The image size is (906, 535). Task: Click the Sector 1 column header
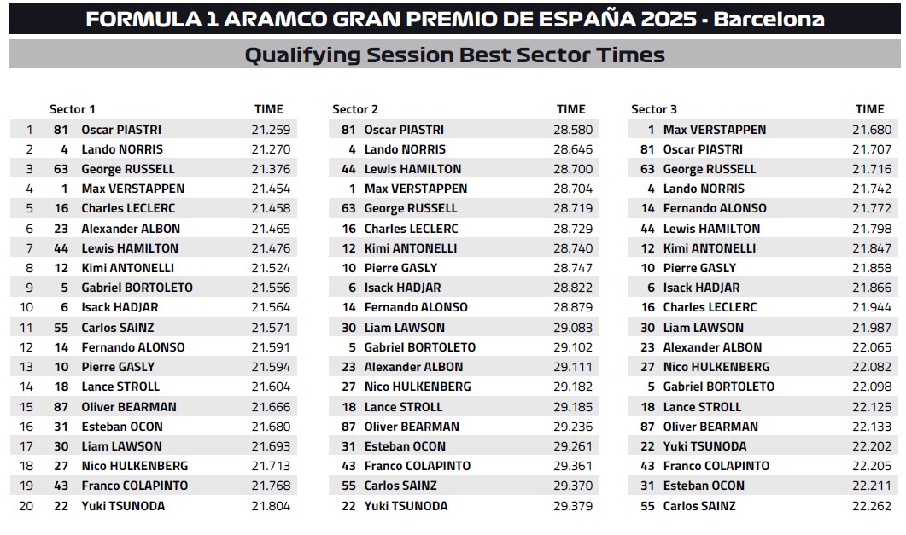pos(73,109)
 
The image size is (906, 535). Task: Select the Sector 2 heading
pos(354,109)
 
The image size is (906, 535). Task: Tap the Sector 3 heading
pos(653,109)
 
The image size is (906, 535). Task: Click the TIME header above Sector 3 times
pos(869,109)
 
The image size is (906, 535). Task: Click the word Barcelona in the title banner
pos(769,19)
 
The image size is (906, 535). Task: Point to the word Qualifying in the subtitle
pos(302,55)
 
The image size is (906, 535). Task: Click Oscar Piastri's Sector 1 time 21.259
pos(271,130)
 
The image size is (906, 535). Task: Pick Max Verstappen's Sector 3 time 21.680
pos(872,130)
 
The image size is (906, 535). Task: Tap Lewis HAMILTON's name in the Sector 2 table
pos(412,169)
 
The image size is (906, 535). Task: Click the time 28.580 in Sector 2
pos(573,130)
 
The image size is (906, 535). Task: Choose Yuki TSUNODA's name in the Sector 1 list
pos(123,506)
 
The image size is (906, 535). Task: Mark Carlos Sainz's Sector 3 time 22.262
pos(872,506)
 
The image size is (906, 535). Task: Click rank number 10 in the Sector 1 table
pos(26,308)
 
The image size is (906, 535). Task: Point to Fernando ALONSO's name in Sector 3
pos(715,208)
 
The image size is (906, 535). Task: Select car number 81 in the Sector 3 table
pos(647,149)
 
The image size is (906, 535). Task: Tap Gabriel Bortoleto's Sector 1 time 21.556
pos(271,288)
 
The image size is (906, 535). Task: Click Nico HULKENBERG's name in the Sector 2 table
pos(418,387)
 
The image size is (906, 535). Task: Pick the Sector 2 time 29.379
pos(573,506)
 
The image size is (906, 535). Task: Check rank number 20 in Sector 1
pos(26,506)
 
